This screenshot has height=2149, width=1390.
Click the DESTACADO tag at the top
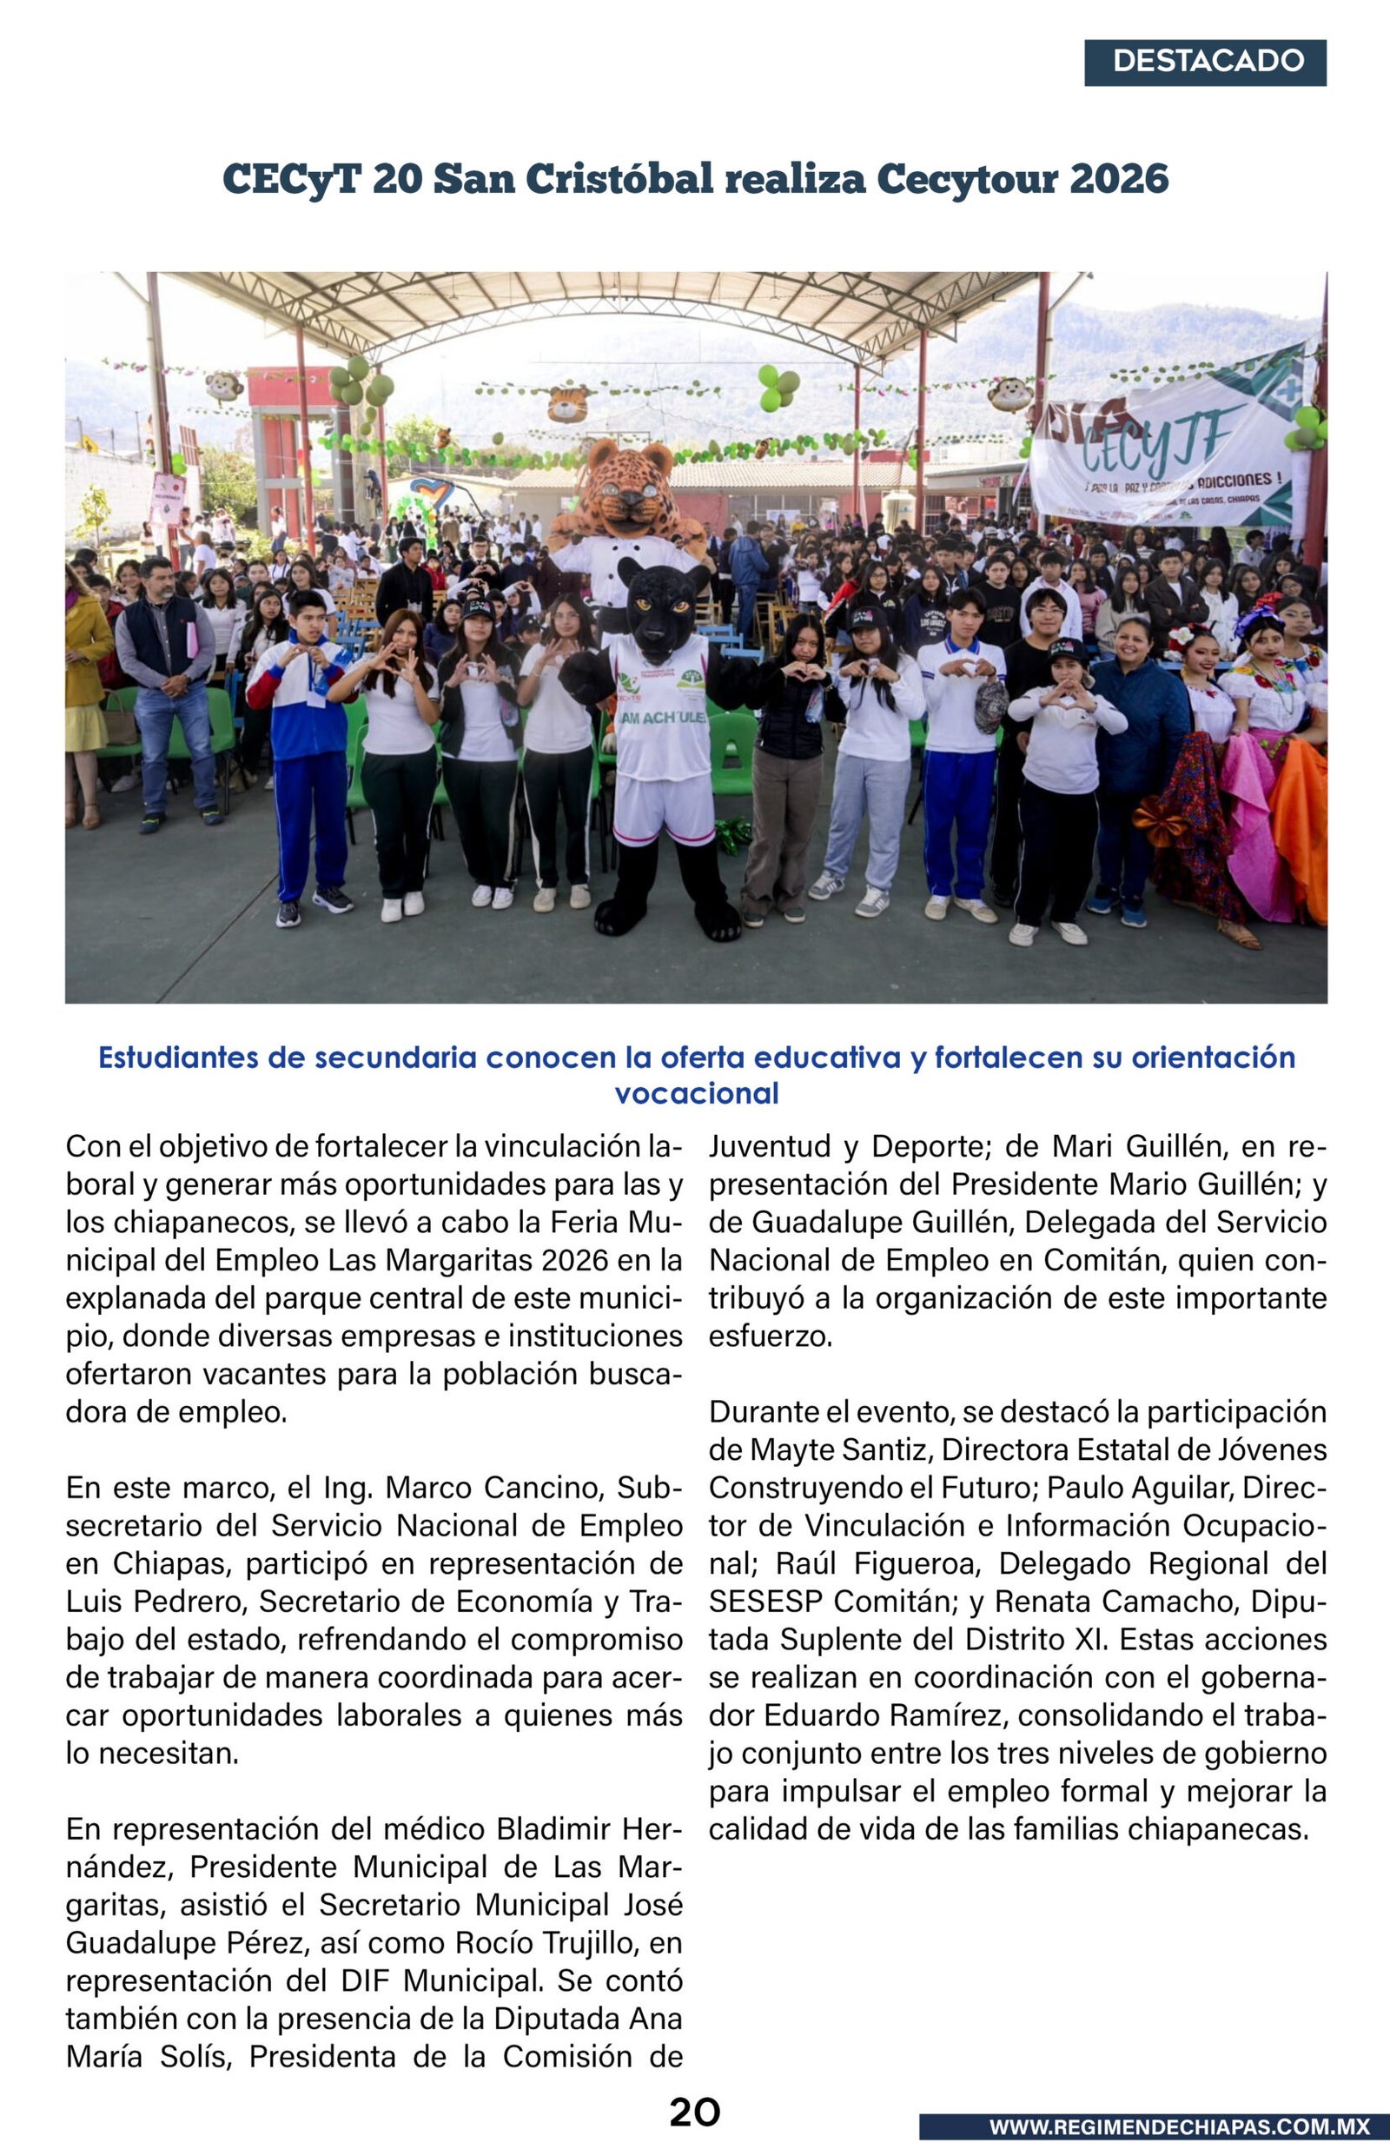tap(1205, 63)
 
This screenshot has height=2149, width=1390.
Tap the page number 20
tap(694, 2112)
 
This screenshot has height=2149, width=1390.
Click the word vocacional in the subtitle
tap(696, 1094)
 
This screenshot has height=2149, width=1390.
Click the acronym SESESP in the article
tap(765, 1601)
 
